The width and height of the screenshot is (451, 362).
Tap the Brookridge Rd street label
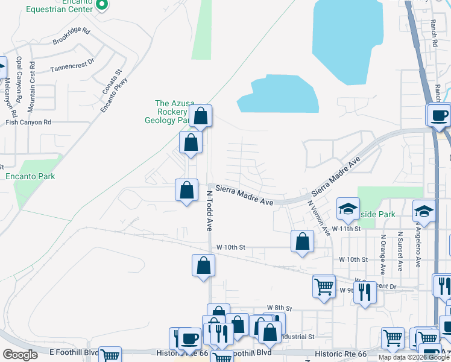point(71,37)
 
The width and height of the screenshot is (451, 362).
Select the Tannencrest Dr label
point(72,62)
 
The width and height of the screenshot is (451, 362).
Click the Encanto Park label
point(30,176)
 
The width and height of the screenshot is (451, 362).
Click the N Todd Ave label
point(209,211)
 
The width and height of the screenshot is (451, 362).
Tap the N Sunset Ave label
point(400,249)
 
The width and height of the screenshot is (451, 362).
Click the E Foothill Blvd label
point(74,352)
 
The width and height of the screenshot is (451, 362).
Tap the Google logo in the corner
point(20,355)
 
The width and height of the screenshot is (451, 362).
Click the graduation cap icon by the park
point(348,209)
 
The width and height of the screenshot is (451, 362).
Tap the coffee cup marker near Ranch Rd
point(438,115)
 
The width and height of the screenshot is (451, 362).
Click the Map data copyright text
point(414,357)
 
